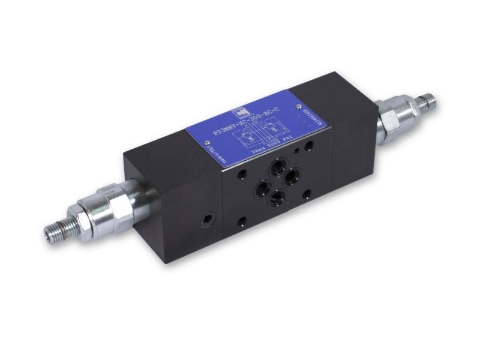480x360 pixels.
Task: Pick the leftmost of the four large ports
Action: [262, 188]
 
